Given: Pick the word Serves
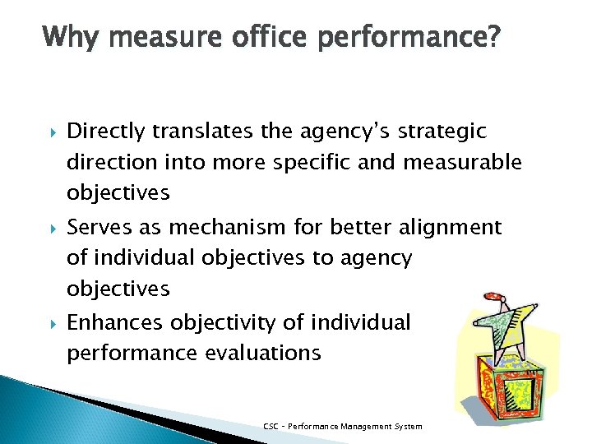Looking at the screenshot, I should (x=95, y=227).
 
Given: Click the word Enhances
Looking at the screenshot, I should (x=115, y=321).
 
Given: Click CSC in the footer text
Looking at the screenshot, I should (x=271, y=426).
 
